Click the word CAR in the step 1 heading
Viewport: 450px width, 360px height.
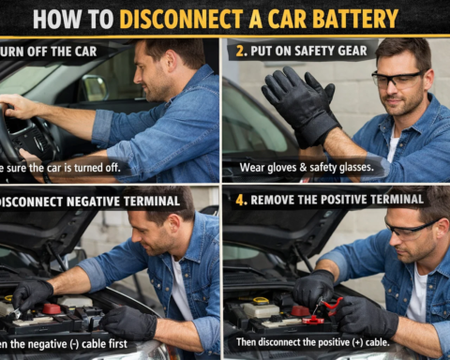coord(84,50)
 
